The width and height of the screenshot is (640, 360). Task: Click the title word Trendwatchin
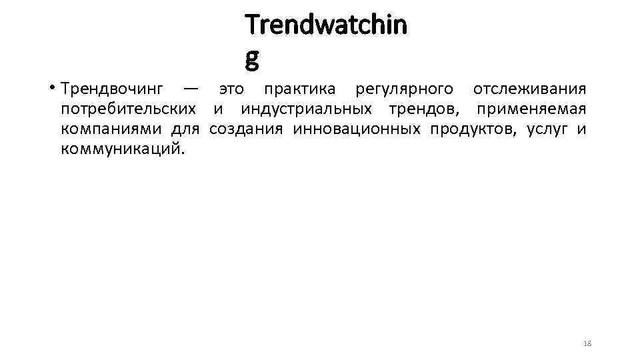[x=325, y=25]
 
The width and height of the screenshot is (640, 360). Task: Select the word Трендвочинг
[x=111, y=89]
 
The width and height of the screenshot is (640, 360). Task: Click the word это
[x=231, y=89]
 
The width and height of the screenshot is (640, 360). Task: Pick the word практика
[x=299, y=89]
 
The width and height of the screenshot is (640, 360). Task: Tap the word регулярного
[x=405, y=89]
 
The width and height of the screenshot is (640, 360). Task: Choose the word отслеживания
[x=529, y=89]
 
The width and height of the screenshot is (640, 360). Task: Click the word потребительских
[x=128, y=109]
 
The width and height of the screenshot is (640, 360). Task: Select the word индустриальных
[x=306, y=109]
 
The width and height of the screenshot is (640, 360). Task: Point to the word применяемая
[x=531, y=109]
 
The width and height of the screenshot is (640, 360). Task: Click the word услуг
[x=547, y=129]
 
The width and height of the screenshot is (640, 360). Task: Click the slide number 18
[x=587, y=343]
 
